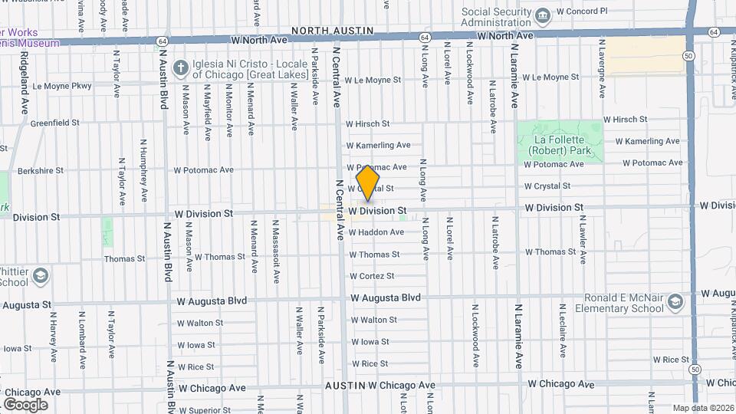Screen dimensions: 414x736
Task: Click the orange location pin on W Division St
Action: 368,182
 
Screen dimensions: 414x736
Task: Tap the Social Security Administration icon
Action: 543,15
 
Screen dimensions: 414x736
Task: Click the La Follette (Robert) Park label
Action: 560,146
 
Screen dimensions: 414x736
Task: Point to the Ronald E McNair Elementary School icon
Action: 675,302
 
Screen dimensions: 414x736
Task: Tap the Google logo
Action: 25,404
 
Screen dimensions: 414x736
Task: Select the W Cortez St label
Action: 372,276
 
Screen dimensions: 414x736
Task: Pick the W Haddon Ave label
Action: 376,232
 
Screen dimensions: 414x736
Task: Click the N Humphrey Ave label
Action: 143,165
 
